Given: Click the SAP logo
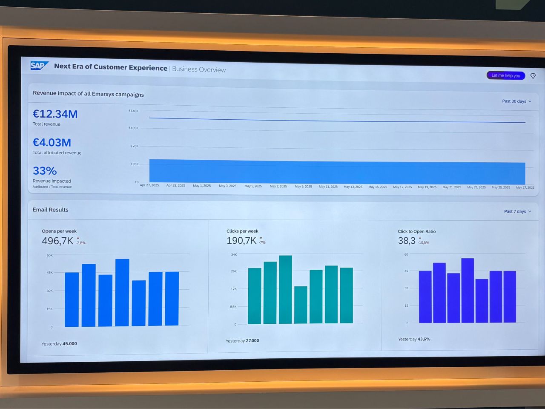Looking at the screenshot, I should pos(39,66).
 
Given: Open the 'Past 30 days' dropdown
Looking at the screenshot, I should pos(516,101).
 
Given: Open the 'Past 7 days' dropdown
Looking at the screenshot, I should pos(517,211).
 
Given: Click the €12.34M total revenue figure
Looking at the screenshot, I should pos(55,114).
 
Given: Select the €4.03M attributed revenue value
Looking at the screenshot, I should pos(52,143).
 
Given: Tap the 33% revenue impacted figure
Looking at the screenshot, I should pos(45,171).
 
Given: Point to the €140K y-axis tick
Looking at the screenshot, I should pos(134,111).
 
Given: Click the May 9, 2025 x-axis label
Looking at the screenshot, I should pos(303,187).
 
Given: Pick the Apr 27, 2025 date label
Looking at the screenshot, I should pos(149,185).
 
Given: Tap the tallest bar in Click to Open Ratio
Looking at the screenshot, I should pos(468,290).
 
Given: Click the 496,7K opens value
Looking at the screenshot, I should pos(57,241).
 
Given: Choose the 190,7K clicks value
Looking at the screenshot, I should pos(241,241).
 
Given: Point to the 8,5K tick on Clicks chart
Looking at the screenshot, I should pos(233,307).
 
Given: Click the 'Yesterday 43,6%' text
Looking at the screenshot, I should pos(414,339).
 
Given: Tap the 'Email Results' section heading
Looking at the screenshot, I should pos(50,210).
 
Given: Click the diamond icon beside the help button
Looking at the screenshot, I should pos(533,76).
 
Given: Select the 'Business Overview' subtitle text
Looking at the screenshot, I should pos(199,69).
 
